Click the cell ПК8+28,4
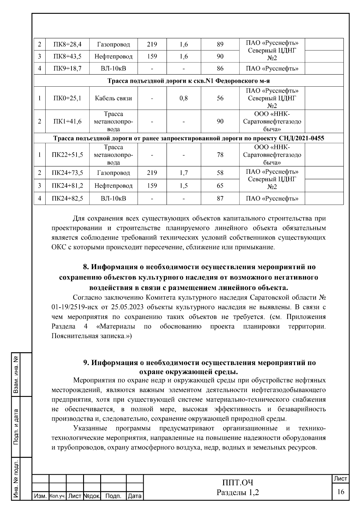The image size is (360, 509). [x=67, y=45]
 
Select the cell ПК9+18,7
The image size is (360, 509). [x=67, y=69]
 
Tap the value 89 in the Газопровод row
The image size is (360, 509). [x=220, y=45]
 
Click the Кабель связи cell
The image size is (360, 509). [x=113, y=98]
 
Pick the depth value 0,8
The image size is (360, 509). [x=184, y=98]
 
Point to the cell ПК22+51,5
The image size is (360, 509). [x=67, y=155]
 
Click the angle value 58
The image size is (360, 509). [x=220, y=173]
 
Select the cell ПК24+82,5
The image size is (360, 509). [x=67, y=198]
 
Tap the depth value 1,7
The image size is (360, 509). [x=184, y=173]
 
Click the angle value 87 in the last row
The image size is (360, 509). [x=220, y=198]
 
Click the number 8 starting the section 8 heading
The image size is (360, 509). [x=85, y=267]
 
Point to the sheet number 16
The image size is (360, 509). [x=340, y=492]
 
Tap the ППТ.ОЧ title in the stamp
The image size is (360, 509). [x=238, y=483]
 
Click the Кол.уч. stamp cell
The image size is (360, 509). [x=57, y=496]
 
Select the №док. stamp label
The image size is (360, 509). [x=91, y=496]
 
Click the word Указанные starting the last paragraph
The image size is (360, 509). [x=89, y=428]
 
